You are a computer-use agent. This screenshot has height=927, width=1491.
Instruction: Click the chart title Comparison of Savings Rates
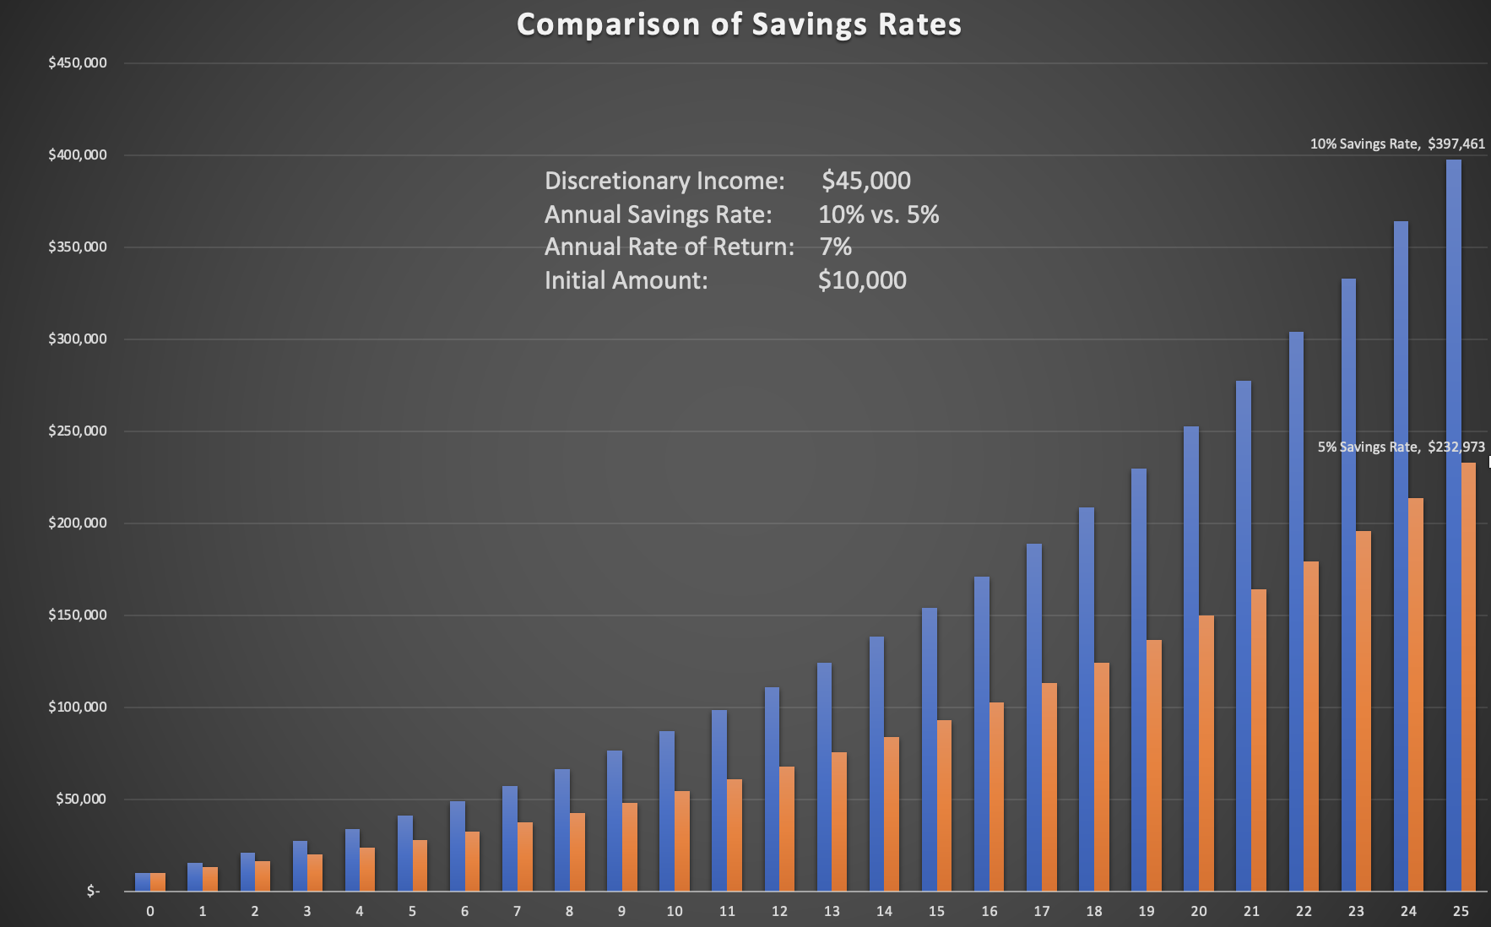point(739,24)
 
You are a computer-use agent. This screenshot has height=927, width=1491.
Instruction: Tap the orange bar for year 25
point(1468,676)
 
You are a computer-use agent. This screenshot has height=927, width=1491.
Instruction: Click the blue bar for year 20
point(1191,659)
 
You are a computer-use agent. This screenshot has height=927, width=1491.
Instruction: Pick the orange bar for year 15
point(944,805)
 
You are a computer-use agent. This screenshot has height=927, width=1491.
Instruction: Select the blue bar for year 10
point(667,810)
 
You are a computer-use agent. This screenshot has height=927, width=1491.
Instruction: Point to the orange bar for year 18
point(1101,777)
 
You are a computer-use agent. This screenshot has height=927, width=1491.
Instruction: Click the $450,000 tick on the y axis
point(78,63)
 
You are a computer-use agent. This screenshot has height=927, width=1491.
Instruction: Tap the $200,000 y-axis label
point(78,523)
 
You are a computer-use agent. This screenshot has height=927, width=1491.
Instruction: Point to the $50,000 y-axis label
point(81,800)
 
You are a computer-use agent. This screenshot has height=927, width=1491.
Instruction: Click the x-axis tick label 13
point(832,912)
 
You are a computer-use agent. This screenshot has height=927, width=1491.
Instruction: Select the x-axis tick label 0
point(150,912)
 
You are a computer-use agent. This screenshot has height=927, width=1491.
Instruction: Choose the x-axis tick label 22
point(1304,912)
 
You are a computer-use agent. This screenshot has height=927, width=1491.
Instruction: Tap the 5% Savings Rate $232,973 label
point(1401,447)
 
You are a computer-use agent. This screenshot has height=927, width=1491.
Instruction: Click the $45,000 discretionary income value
point(866,181)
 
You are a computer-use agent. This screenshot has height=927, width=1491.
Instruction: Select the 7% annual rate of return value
point(836,247)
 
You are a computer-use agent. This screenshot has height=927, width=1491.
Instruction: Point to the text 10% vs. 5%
point(878,214)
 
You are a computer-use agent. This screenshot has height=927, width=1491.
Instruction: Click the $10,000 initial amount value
point(862,280)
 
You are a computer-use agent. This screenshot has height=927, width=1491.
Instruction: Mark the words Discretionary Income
point(664,181)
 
